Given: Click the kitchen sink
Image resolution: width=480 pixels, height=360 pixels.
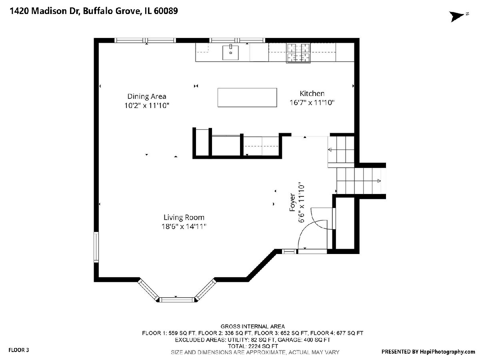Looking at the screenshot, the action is [x=230, y=52].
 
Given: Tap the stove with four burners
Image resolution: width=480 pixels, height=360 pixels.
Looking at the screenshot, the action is [x=298, y=53].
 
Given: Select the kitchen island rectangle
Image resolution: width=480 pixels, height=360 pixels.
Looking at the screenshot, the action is [x=247, y=98].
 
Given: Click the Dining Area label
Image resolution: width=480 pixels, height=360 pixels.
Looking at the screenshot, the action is [x=147, y=96].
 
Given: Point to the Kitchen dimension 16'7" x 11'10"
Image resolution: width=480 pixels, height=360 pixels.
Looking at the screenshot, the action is [x=312, y=102].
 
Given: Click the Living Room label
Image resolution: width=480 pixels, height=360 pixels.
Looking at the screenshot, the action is [x=184, y=217].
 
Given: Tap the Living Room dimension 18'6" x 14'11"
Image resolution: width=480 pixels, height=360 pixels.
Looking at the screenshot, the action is [x=184, y=226].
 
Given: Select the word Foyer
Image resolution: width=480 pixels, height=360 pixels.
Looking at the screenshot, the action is [x=292, y=202].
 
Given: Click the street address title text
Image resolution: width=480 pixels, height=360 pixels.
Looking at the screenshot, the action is [x=94, y=11].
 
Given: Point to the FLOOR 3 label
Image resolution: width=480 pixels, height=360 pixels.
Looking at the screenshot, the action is [x=18, y=350].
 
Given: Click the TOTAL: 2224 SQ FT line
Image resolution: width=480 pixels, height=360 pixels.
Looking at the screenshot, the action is [x=253, y=346].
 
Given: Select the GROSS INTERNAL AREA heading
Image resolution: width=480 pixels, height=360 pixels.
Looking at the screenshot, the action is [x=252, y=326].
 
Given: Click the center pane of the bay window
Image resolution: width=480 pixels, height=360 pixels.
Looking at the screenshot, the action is [x=176, y=300].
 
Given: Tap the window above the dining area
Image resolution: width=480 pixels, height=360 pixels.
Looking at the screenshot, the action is [x=145, y=40].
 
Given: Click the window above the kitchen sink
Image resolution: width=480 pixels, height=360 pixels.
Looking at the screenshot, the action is [x=237, y=40].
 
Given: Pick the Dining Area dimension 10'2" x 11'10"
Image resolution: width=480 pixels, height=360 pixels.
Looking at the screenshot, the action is [x=147, y=106].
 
